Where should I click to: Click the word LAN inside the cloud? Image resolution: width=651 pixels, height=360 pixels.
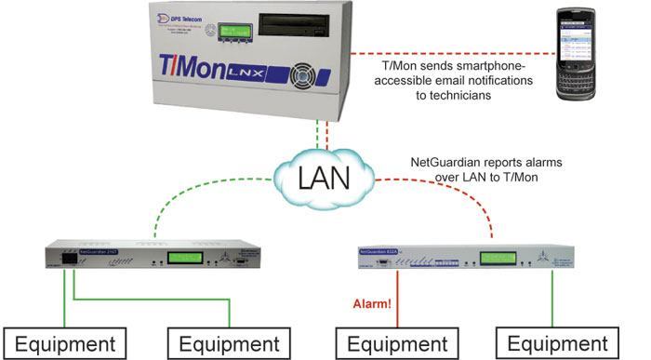click(325, 178)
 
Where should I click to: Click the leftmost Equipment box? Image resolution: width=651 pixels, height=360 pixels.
click(64, 343)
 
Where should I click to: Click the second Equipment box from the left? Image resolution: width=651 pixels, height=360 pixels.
click(231, 343)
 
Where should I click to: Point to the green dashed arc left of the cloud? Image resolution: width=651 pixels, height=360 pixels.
click(195, 207)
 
